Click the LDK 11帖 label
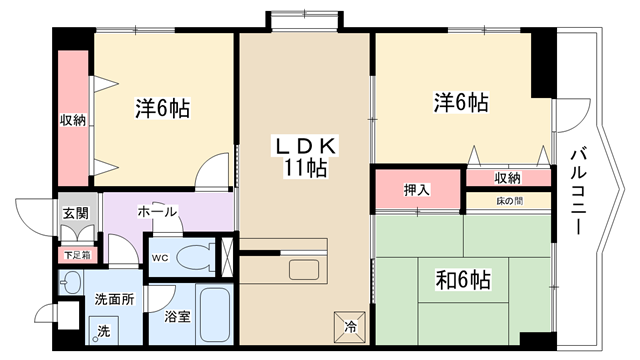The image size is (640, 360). (x=305, y=156)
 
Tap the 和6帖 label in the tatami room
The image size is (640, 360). (x=463, y=280)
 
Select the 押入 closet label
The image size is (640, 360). (x=417, y=190)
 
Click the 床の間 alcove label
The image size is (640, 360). (x=510, y=201)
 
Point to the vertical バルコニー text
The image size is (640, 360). (x=578, y=192)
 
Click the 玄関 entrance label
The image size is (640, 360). (x=76, y=213)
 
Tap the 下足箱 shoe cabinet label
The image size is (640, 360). (x=77, y=256)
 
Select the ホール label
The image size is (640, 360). (x=157, y=211)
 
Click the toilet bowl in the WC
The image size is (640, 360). (x=196, y=258)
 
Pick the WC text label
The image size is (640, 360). (x=160, y=258)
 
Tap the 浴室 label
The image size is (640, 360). (x=178, y=316)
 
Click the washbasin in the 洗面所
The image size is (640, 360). (x=70, y=282)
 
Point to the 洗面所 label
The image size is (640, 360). (x=114, y=299)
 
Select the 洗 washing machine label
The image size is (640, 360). (x=104, y=331)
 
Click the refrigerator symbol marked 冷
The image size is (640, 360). (x=350, y=327)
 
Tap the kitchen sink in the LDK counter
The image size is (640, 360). (x=304, y=270)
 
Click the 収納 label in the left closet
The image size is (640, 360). (x=73, y=120)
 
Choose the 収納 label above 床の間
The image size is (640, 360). (x=508, y=178)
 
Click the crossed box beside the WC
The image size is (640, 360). (x=227, y=257)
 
